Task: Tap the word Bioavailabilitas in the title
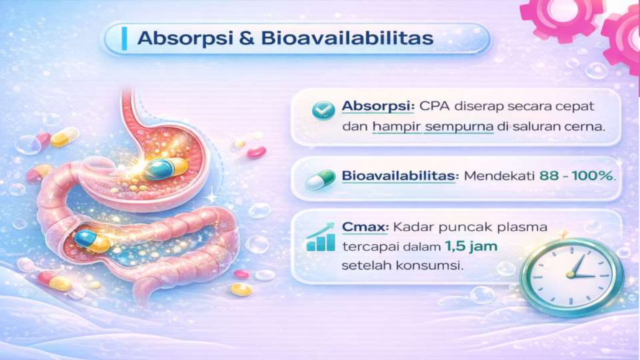point(347,38)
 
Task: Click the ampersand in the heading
point(247,38)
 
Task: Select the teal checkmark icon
point(323,110)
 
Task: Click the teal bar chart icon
point(320,238)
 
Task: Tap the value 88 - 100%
point(576,176)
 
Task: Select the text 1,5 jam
point(471,246)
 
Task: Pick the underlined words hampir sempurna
point(433,127)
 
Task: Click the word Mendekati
point(499,176)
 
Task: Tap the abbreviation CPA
point(435,107)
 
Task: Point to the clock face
point(571,276)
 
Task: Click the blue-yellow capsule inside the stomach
point(166,169)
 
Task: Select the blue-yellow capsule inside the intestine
point(92,241)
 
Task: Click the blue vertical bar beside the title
point(124,38)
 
